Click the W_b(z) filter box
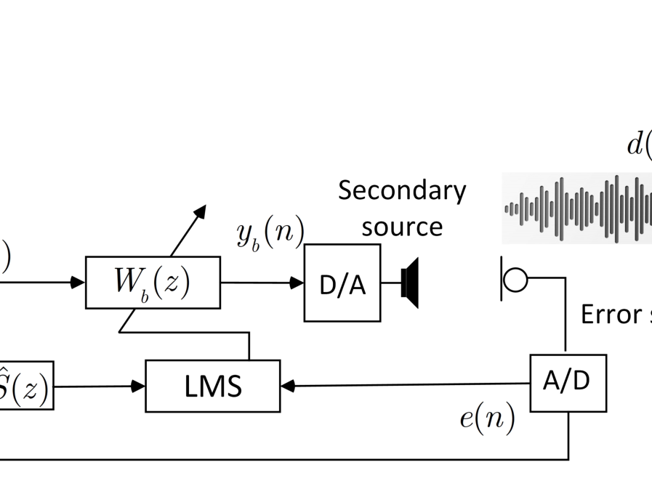click(153, 283)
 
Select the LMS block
click(212, 386)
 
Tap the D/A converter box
click(342, 283)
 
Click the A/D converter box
click(568, 383)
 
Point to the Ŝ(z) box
click(26, 386)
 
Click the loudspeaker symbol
click(410, 283)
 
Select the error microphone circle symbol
click(515, 280)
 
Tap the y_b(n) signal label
click(270, 233)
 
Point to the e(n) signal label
click(487, 418)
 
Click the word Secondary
click(402, 190)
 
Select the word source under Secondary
click(402, 226)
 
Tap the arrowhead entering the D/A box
click(297, 283)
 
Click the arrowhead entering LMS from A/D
click(288, 386)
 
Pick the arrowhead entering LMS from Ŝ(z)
click(138, 386)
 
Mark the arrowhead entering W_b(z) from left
click(78, 283)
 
